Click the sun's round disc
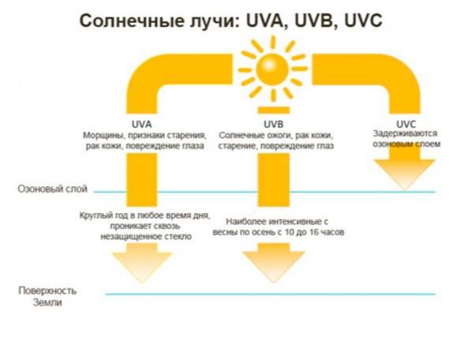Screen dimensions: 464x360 (x=272, y=69)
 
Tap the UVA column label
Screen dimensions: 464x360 (x=142, y=124)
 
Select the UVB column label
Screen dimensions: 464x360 (x=273, y=124)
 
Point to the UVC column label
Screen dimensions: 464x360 (x=406, y=124)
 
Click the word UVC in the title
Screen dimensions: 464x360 (x=363, y=21)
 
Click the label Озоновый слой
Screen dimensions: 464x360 (x=53, y=189)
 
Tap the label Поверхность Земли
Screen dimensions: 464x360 (x=47, y=296)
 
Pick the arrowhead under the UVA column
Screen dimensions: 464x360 (x=142, y=263)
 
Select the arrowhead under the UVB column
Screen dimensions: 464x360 (x=273, y=263)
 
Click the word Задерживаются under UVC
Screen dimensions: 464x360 (x=405, y=133)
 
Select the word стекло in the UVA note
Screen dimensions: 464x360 (x=178, y=237)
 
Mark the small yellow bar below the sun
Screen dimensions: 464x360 (x=273, y=111)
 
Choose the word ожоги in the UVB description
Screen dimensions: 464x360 (x=279, y=136)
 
